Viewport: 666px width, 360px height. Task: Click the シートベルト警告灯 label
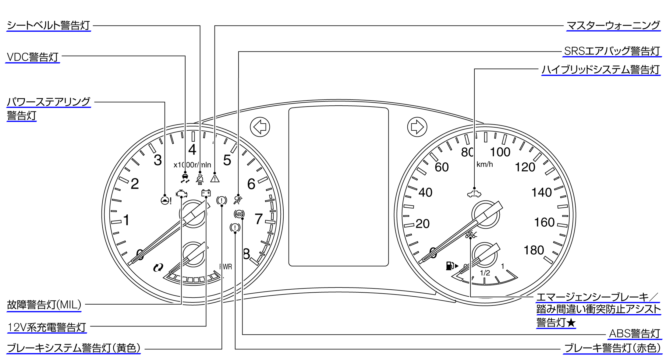(48, 25)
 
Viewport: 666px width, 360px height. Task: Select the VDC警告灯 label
(33, 57)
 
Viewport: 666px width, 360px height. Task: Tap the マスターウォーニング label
(613, 25)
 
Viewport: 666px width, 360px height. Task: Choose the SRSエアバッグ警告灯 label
(612, 51)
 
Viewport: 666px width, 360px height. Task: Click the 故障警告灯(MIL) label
(44, 305)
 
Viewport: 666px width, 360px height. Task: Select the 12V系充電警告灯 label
(47, 327)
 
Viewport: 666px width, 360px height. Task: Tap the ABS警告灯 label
(634, 334)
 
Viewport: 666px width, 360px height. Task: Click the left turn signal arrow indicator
(260, 127)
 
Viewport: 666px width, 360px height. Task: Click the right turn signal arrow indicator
(417, 127)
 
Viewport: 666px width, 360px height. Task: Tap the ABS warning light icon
(239, 214)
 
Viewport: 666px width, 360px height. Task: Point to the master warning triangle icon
(215, 178)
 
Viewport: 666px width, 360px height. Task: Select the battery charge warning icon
(206, 193)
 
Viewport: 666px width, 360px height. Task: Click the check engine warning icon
(182, 194)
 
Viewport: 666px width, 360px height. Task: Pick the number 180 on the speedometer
(533, 250)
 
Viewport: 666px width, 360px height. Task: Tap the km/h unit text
(484, 164)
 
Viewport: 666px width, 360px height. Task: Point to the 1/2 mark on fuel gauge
(485, 273)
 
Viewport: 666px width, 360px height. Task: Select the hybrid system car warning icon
(474, 193)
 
